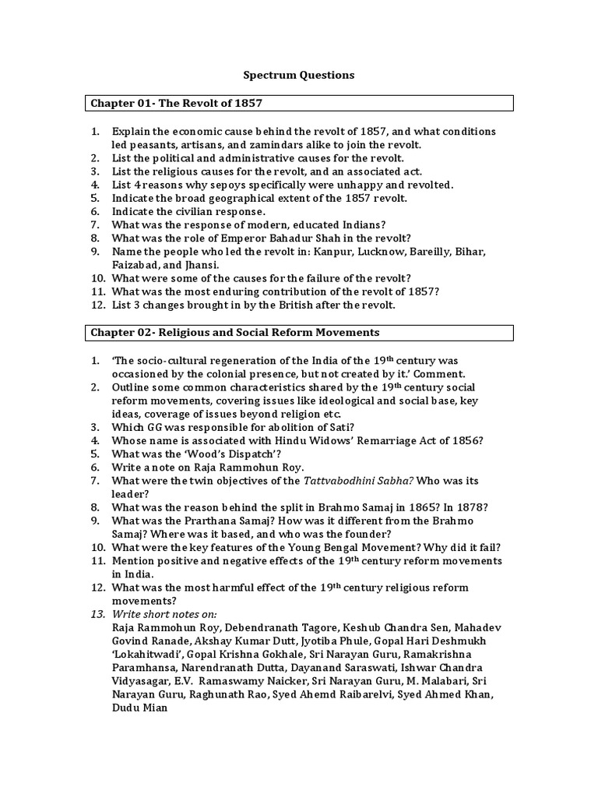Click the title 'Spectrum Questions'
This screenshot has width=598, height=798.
coord(299,75)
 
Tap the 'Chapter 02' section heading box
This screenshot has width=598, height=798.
coord(299,332)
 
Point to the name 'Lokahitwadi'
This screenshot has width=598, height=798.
coord(146,655)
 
